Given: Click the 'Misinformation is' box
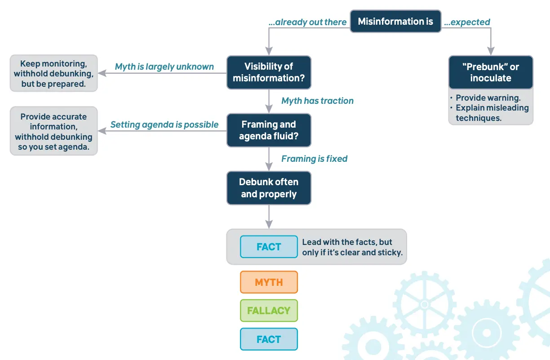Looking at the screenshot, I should pyautogui.click(x=395, y=21).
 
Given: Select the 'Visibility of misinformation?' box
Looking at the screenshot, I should pyautogui.click(x=269, y=72).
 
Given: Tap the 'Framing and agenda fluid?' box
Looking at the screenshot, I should pyautogui.click(x=269, y=130).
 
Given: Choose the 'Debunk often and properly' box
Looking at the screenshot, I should pyautogui.click(x=269, y=188).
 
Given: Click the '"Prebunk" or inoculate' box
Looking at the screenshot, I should pyautogui.click(x=491, y=72).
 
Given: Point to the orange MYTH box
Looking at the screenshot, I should pyautogui.click(x=269, y=282).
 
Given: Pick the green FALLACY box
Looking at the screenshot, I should pyautogui.click(x=269, y=311).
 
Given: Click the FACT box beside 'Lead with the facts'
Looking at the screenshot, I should pyautogui.click(x=269, y=247).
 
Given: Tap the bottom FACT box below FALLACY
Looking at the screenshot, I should pyautogui.click(x=269, y=339).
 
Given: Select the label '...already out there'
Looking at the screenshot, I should pyautogui.click(x=308, y=22).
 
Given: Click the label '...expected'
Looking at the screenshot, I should pyautogui.click(x=467, y=22).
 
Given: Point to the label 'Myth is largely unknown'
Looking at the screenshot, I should pyautogui.click(x=164, y=67).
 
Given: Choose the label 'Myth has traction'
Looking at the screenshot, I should pyautogui.click(x=317, y=101).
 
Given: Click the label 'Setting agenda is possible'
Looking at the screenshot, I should pyautogui.click(x=164, y=124).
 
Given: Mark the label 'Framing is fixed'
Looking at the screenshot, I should pyautogui.click(x=314, y=159).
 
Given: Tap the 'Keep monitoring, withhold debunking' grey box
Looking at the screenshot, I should pyautogui.click(x=53, y=74).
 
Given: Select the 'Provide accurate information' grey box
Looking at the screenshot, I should pyautogui.click(x=53, y=131).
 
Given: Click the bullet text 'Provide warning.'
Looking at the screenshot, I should pyautogui.click(x=488, y=98).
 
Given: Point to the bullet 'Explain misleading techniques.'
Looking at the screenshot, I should pyautogui.click(x=492, y=113).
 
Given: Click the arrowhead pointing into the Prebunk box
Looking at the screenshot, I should pyautogui.click(x=491, y=51).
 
